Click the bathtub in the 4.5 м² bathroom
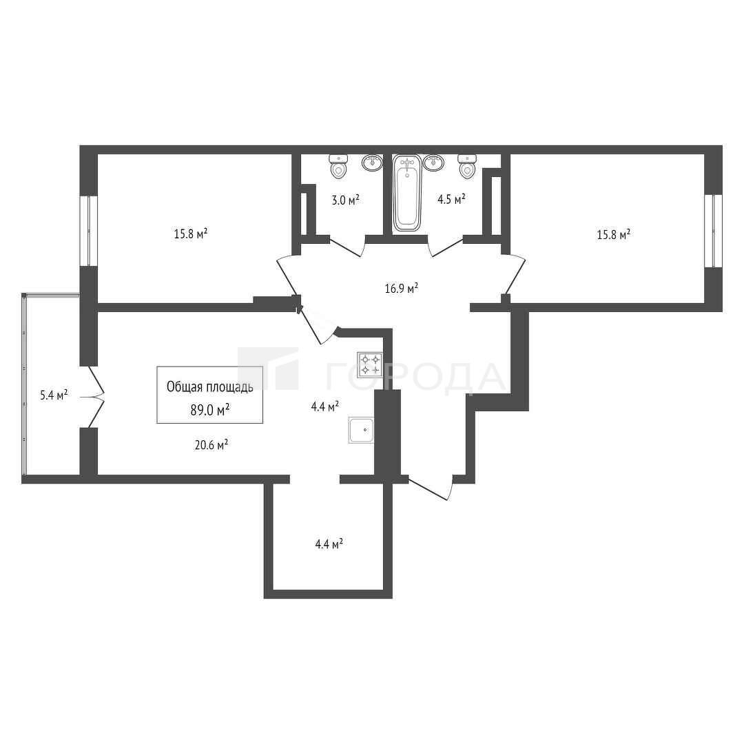[x=407, y=194]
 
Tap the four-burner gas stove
[x=370, y=364]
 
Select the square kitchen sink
[x=362, y=429]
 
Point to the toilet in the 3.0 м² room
[x=338, y=167]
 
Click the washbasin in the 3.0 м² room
[x=373, y=163]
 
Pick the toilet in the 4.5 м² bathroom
[x=467, y=167]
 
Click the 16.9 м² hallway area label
[x=402, y=288]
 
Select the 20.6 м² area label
[x=211, y=445]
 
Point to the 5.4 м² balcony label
[x=54, y=395]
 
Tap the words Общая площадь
[x=209, y=387]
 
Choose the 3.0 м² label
[x=345, y=200]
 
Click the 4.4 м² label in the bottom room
[x=329, y=544]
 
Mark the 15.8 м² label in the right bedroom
[x=614, y=234]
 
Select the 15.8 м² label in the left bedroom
[x=191, y=234]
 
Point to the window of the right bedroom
[x=713, y=231]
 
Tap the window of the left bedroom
[x=88, y=231]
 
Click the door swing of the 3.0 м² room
[x=347, y=246]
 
